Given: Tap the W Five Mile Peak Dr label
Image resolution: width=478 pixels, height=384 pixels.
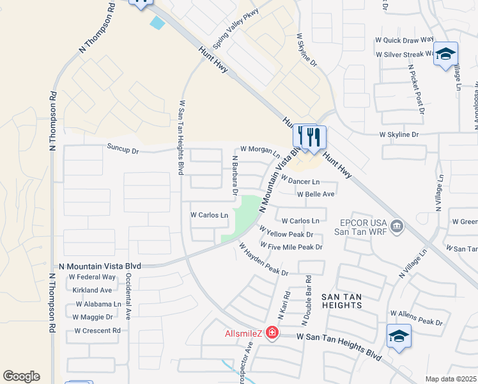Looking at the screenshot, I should point(291,246).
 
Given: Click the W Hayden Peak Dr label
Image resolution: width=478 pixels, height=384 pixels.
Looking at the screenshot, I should point(263,259).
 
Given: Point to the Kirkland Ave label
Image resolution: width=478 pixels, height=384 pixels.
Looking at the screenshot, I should point(93,291).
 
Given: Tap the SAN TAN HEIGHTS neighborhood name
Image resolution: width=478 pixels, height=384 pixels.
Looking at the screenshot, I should point(342,301).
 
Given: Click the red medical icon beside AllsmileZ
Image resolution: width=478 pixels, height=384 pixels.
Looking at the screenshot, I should point(273,332).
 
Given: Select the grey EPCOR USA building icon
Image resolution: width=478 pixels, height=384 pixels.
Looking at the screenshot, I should point(396,225).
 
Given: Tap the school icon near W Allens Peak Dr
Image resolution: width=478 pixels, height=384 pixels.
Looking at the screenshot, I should point(399,335).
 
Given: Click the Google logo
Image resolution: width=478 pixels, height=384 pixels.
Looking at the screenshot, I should point(21,376).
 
